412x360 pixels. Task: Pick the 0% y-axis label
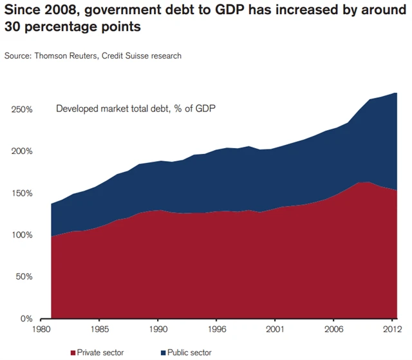tap(26, 319)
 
